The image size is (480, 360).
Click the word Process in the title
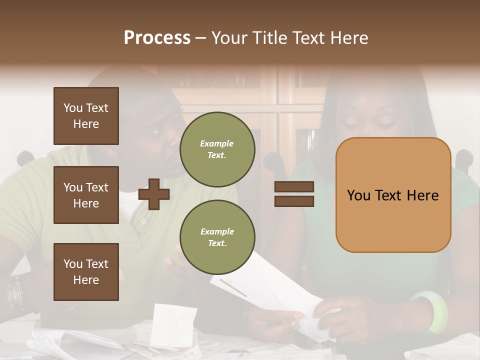pos(157,38)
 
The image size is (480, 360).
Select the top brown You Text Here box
pos(86,116)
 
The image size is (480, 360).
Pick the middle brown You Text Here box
pos(86,195)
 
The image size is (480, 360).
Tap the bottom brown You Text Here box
pos(86,271)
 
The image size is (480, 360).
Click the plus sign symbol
pos(154,194)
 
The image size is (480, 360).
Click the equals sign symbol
pos(294,194)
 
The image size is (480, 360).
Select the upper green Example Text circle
pos(217,149)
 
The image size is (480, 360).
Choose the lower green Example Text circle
pos(217,237)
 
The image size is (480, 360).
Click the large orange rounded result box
pos(393,195)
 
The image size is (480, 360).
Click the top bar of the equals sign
pos(294,187)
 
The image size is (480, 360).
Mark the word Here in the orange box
pos(422,195)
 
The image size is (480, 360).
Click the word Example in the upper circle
pos(217,143)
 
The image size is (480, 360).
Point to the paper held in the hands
pos(270,290)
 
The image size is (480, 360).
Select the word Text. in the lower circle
pos(217,243)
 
